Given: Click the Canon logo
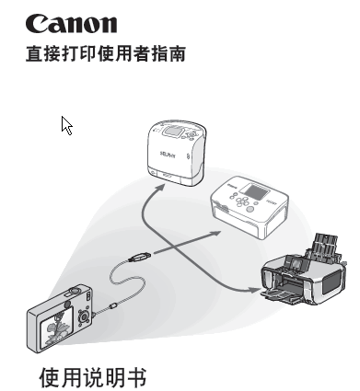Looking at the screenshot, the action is click(71, 24).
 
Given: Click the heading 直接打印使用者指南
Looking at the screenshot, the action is click(106, 53).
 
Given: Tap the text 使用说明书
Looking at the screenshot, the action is click(93, 377).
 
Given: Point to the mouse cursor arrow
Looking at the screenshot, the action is click(66, 125).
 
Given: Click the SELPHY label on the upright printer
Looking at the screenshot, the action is click(168, 155).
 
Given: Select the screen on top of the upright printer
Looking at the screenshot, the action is click(173, 132).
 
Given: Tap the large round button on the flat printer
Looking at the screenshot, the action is click(250, 209).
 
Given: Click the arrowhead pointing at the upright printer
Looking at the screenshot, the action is click(159, 188).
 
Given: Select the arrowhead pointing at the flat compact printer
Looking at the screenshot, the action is click(215, 233).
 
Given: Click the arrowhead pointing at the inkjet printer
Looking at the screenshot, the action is click(254, 290).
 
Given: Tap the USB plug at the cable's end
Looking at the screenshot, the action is click(140, 257).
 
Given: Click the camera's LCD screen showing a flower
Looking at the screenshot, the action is click(57, 327).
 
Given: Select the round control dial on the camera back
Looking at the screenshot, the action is click(84, 316).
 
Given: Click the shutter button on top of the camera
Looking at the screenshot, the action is click(74, 290).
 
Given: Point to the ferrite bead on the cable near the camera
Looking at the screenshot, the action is click(113, 305).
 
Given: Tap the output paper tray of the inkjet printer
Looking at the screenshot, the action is click(282, 296).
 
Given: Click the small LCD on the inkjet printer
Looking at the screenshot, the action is click(297, 264).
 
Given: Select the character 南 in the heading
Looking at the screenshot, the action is click(177, 54).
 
